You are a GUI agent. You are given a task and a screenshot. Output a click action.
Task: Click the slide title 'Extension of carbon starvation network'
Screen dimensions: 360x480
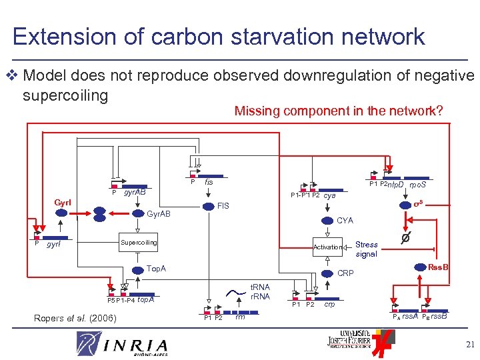tap(219, 36)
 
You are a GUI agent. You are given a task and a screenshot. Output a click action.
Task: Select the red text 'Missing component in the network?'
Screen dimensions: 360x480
tap(338, 111)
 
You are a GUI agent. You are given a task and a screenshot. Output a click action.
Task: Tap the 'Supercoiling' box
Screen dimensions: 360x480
tap(139, 242)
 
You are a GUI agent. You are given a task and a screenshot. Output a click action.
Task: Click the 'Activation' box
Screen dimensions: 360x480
tap(327, 247)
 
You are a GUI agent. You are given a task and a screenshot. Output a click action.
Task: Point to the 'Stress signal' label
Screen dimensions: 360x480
tap(367, 249)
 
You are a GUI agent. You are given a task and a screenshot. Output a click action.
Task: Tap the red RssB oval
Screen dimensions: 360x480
tap(438, 268)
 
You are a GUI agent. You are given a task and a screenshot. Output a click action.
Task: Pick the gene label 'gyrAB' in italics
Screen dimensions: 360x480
tap(135, 192)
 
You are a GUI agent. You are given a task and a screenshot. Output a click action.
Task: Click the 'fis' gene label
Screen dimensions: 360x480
tap(209, 181)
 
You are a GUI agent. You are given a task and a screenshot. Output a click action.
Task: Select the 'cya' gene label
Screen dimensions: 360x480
tap(329, 196)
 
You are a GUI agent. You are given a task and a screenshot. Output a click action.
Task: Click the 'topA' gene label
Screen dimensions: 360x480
tap(145, 299)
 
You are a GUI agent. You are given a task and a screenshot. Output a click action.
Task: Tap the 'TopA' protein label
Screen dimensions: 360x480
tap(156, 269)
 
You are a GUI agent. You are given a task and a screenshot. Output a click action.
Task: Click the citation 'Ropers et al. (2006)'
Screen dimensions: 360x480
tap(74, 318)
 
